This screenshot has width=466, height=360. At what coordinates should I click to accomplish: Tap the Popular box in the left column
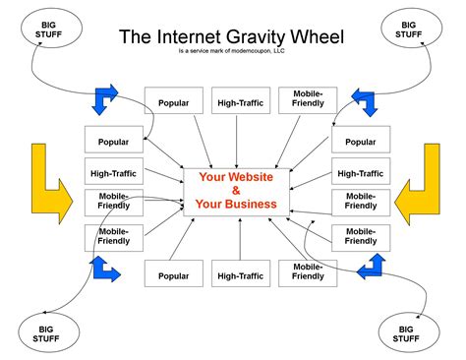[113, 141]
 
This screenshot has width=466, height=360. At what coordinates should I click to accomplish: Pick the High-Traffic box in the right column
[360, 172]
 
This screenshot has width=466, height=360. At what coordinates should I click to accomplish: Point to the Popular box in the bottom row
[173, 276]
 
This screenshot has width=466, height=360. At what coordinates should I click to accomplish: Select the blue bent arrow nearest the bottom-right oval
[374, 263]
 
